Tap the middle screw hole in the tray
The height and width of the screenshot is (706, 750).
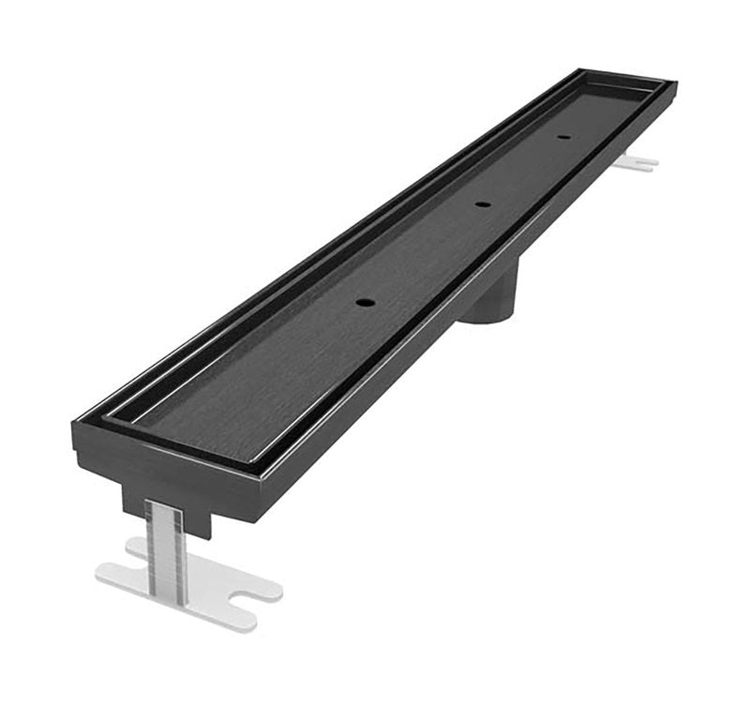[x=482, y=203]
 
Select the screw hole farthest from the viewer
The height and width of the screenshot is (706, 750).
[x=563, y=137]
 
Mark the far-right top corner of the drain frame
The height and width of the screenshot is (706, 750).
[x=674, y=85]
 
